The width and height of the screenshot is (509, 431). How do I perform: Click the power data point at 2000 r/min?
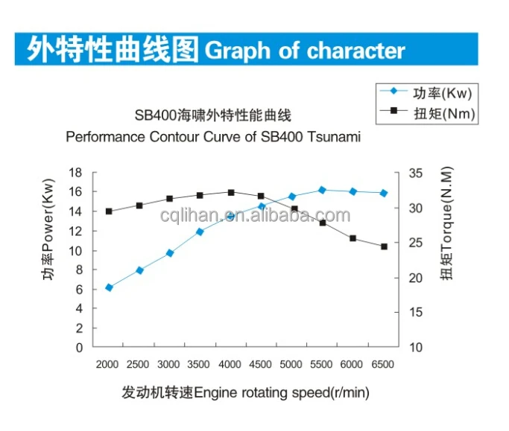(109, 287)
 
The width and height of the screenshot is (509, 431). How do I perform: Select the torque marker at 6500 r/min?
(384, 246)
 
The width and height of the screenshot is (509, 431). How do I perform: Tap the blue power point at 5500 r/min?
(322, 190)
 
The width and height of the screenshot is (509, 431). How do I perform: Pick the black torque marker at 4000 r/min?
(231, 193)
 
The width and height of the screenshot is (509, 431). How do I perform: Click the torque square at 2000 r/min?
(109, 211)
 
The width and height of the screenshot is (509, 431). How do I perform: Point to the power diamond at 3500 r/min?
(200, 232)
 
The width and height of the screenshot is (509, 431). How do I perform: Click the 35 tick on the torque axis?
(416, 173)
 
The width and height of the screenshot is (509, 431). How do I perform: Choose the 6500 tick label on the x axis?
(382, 364)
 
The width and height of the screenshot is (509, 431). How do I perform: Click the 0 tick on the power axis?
(78, 348)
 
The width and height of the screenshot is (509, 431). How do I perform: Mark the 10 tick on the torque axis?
(416, 348)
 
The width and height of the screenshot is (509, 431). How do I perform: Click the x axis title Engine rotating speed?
(281, 392)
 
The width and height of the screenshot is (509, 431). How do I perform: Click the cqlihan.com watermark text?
(255, 216)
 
